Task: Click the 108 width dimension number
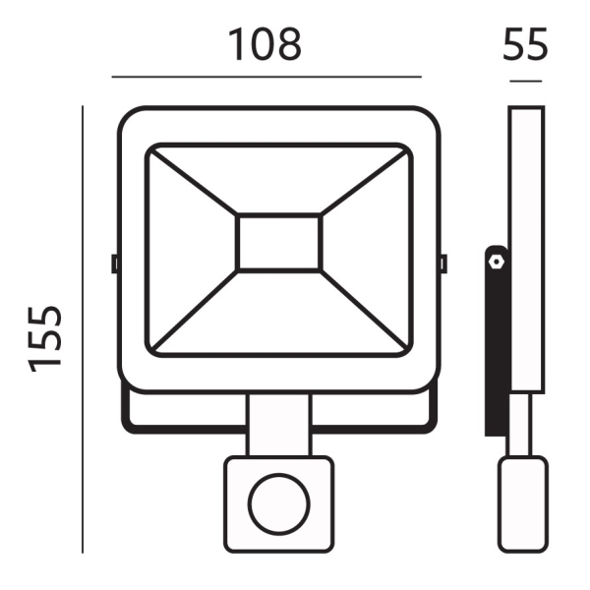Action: (x=265, y=44)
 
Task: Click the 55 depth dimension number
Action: (x=525, y=44)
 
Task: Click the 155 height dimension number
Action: (x=44, y=339)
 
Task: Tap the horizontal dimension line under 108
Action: (x=266, y=77)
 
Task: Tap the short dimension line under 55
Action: (x=526, y=81)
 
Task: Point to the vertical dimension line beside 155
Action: (x=83, y=329)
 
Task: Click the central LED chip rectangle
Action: (x=279, y=242)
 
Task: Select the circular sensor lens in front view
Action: (x=279, y=504)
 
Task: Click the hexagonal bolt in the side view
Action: (x=497, y=262)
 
